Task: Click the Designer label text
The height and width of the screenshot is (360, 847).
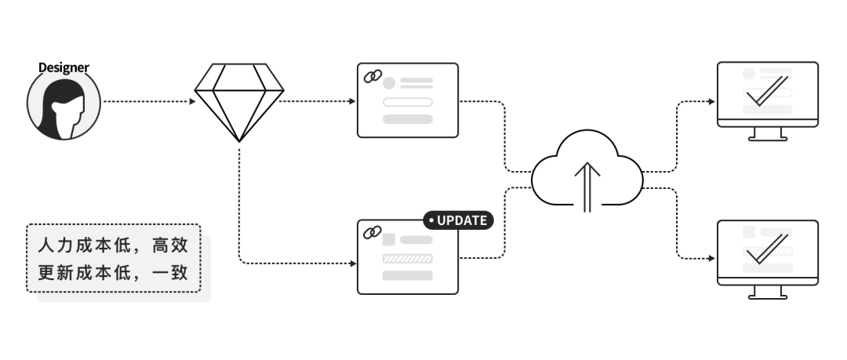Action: click(64, 68)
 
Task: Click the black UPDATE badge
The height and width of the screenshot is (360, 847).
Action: click(459, 220)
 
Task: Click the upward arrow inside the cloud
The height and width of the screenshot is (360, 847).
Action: click(587, 186)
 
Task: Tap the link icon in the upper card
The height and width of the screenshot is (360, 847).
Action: click(372, 77)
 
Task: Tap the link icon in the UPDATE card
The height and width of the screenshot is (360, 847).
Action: click(372, 233)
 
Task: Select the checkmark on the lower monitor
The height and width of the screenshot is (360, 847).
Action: click(767, 248)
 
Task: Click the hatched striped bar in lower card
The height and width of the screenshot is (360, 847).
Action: click(407, 258)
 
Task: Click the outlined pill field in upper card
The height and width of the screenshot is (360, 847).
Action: click(407, 102)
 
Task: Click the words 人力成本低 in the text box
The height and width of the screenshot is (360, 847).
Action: click(81, 245)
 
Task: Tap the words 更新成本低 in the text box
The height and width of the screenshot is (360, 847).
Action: click(81, 275)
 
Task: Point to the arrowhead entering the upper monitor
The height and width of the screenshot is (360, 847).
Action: click(711, 102)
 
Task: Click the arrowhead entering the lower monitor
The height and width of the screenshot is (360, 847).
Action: click(711, 258)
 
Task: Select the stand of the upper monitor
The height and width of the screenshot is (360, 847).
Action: click(767, 135)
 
